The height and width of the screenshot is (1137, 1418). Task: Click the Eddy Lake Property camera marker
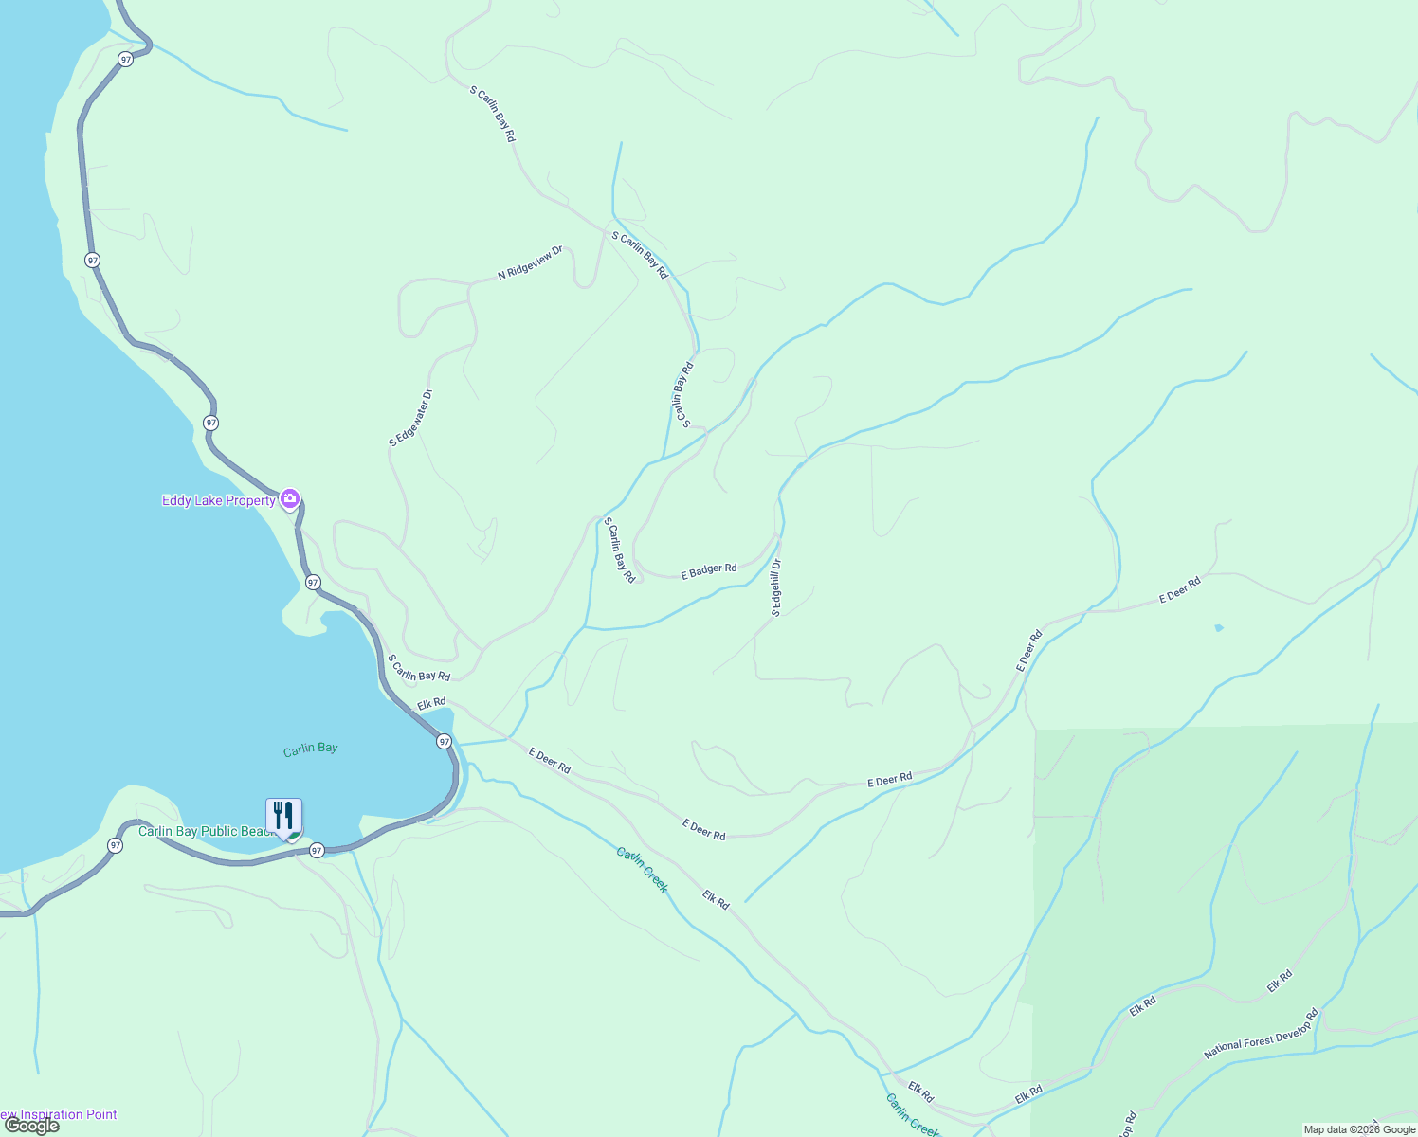click(290, 498)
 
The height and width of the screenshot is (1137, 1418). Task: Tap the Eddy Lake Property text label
click(218, 500)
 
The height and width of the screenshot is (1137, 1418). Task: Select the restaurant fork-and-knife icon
click(283, 816)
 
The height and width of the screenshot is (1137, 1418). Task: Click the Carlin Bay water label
click(310, 749)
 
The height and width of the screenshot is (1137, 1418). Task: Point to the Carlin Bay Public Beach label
click(205, 831)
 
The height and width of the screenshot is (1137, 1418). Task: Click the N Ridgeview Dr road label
click(530, 262)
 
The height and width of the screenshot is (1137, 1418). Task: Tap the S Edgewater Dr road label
click(410, 417)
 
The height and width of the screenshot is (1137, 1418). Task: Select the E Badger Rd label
click(709, 570)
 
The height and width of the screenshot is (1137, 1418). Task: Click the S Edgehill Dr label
click(776, 587)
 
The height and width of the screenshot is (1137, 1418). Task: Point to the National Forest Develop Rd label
click(1261, 1033)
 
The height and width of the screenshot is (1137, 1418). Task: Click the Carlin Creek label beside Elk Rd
click(643, 870)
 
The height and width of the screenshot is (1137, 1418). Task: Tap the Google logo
click(30, 1126)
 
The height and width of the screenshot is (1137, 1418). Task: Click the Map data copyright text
click(1359, 1129)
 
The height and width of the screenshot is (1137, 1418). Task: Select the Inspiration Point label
click(61, 1114)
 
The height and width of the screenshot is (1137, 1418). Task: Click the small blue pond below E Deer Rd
click(1219, 627)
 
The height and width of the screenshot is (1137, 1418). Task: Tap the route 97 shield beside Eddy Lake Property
click(313, 582)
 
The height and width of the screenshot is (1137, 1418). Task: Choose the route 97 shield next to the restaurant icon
click(317, 850)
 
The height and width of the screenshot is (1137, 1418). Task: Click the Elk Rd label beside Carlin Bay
click(431, 703)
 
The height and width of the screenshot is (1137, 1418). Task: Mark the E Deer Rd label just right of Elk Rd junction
click(550, 760)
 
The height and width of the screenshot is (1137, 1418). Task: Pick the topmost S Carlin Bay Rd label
click(493, 115)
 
